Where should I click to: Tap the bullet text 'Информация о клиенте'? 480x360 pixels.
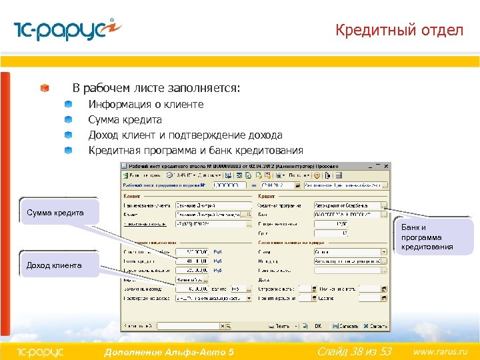coord(146,105)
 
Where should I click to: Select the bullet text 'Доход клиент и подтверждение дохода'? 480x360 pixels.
coord(185,135)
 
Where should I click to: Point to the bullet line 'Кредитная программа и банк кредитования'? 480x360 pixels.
coord(195,151)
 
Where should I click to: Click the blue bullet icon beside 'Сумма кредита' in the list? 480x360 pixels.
coord(68,120)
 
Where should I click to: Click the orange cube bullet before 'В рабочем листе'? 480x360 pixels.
coord(44,89)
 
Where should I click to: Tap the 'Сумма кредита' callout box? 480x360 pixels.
coord(56,213)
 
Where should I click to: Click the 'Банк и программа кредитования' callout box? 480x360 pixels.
coord(427,237)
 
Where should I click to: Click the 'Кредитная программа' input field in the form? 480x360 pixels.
coord(347,205)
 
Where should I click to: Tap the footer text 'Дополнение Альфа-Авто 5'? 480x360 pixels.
coord(169,351)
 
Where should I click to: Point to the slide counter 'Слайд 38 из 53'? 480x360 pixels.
coord(354,351)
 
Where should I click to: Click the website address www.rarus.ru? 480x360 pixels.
coord(441,351)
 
